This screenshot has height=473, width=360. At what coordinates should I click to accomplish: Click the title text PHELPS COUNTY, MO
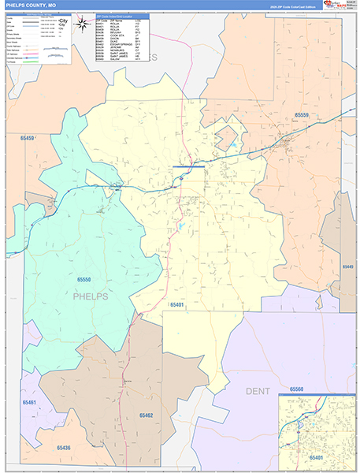pos(31,5)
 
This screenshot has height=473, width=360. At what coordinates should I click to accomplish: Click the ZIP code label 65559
pos(305,115)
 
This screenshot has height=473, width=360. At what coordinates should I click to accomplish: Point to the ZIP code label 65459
pos(28,139)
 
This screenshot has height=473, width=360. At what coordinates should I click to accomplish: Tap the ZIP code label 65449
pos(347,267)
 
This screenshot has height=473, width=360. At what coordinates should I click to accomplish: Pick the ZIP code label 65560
pos(297,389)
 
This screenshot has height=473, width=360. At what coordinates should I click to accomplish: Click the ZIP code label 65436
pos(64,449)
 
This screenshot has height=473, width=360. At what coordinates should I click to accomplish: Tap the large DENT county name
pos(257,391)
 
